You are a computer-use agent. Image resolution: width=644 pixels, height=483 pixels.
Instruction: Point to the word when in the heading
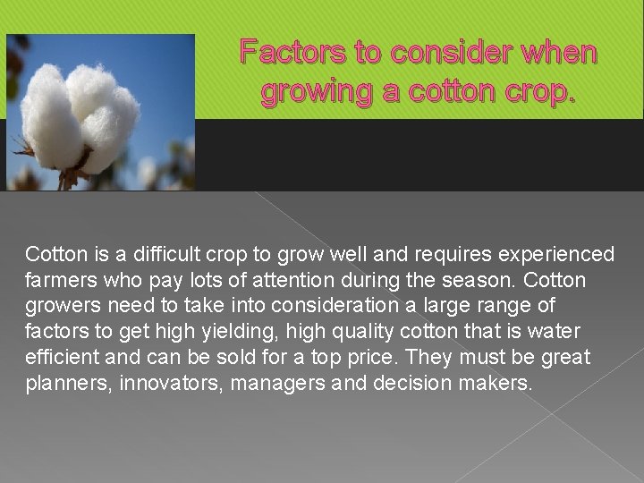pyautogui.click(x=555, y=54)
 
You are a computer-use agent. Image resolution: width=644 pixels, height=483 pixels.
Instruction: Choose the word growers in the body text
pyautogui.click(x=60, y=307)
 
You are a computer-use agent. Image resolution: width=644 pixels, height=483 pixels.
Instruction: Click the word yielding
pyautogui.click(x=232, y=333)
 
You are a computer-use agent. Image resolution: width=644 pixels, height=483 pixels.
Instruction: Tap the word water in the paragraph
pyautogui.click(x=553, y=333)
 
